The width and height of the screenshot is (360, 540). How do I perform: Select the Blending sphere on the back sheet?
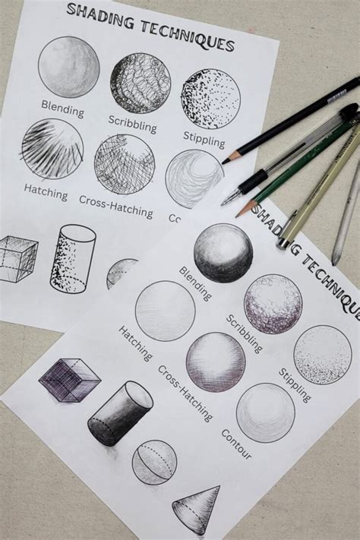pyautogui.click(x=69, y=67)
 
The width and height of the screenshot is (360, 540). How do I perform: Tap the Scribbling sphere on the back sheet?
pyautogui.click(x=141, y=83)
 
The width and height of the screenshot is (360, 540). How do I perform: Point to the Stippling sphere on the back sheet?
pyautogui.click(x=210, y=99)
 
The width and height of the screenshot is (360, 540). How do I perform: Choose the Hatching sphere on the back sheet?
pyautogui.click(x=52, y=148)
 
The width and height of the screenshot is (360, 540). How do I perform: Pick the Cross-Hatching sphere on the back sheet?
pyautogui.click(x=125, y=163)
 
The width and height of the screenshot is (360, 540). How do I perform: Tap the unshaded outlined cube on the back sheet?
pyautogui.click(x=17, y=258)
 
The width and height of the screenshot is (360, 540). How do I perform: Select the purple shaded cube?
pyautogui.click(x=69, y=379)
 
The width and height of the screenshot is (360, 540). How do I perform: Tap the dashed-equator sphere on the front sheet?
pyautogui.click(x=154, y=462)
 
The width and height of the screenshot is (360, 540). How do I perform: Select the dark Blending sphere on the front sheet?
pyautogui.click(x=223, y=253)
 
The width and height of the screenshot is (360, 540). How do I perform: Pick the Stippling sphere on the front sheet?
pyautogui.click(x=322, y=355)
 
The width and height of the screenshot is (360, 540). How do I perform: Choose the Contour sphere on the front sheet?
pyautogui.click(x=265, y=413)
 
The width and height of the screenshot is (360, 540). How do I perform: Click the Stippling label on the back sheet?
pyautogui.click(x=204, y=138)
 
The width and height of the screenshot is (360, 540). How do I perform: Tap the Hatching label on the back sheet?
pyautogui.click(x=46, y=193)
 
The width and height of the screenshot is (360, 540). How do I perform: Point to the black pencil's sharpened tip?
pyautogui.click(x=226, y=159)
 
